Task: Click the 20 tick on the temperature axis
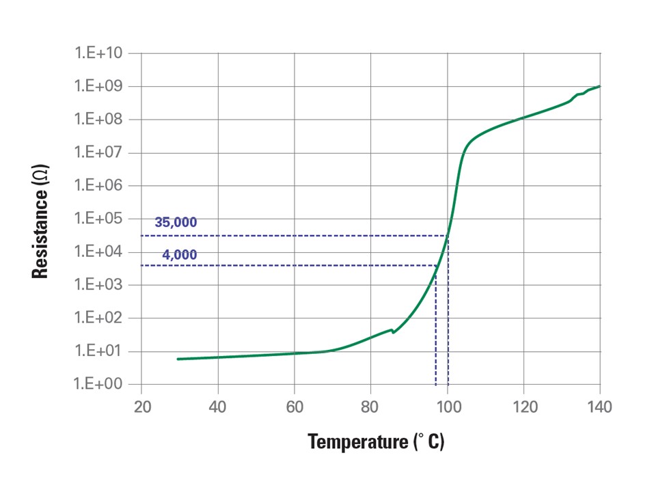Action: click(141, 408)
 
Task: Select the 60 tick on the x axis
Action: click(295, 408)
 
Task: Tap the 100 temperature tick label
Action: click(448, 408)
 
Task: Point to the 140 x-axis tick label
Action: click(600, 408)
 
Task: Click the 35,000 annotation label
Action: click(176, 223)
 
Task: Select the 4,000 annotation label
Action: click(180, 255)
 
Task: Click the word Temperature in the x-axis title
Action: click(357, 442)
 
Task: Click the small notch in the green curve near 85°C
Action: click(393, 331)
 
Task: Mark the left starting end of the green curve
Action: click(178, 359)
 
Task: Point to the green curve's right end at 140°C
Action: click(599, 86)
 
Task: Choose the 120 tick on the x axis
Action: click(523, 408)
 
